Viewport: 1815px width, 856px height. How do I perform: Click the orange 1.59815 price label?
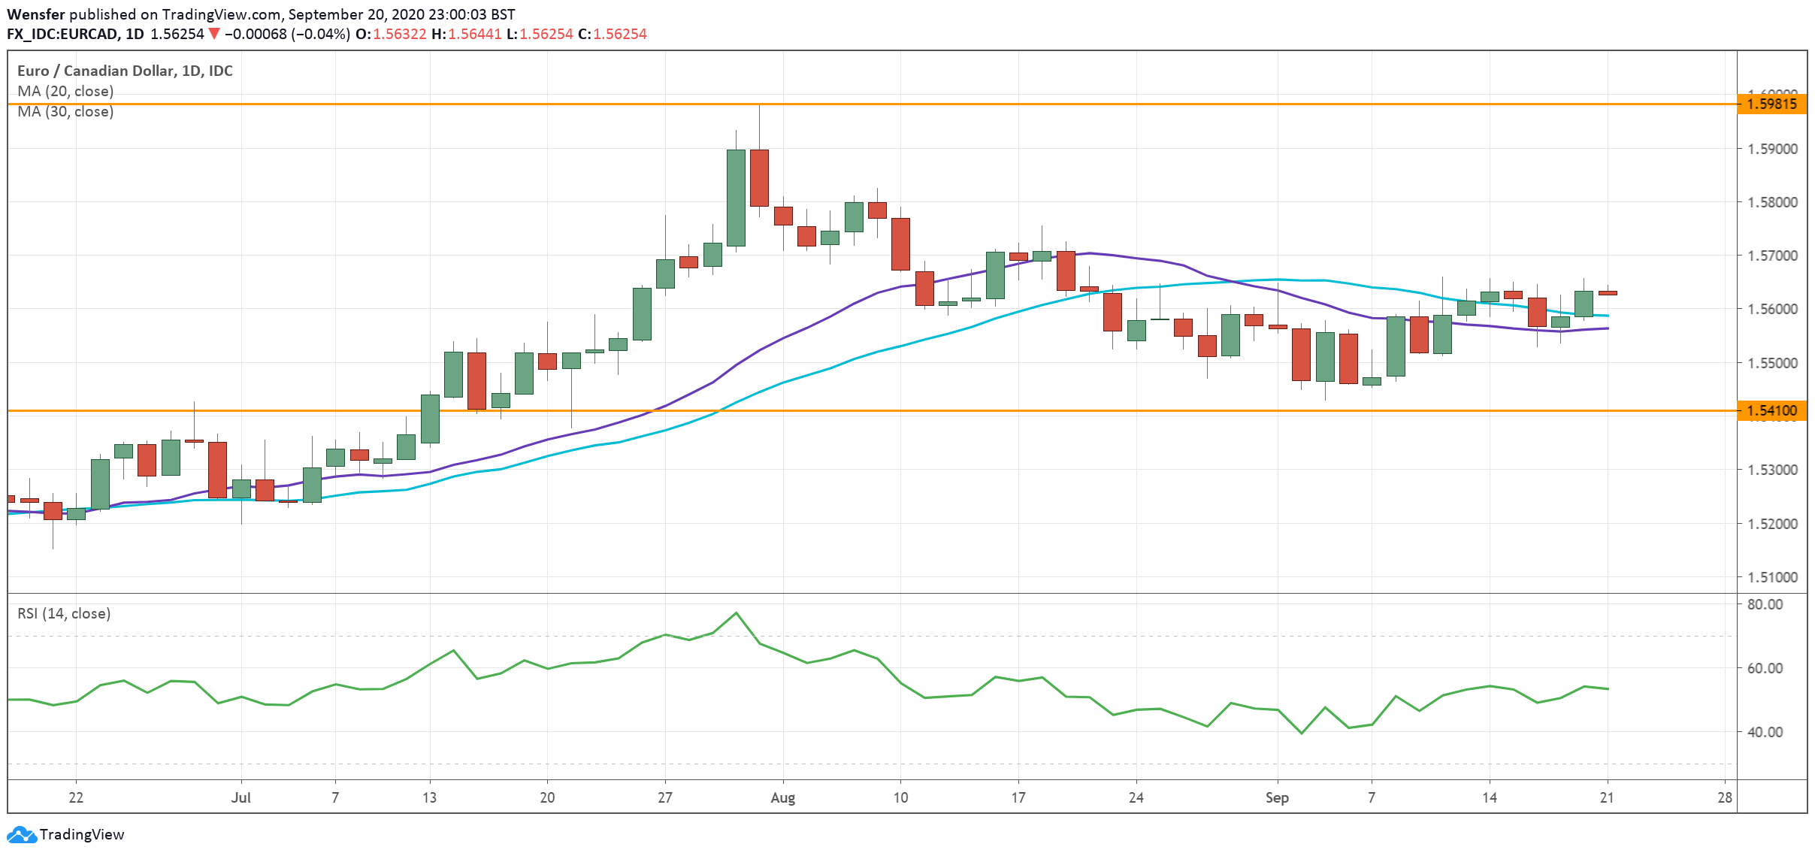1771,104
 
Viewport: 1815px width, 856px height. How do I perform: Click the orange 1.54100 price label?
1771,411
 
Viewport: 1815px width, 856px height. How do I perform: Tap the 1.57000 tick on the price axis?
1772,256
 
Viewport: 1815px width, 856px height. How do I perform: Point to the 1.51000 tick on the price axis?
1772,577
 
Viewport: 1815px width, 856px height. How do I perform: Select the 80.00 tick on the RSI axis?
1765,604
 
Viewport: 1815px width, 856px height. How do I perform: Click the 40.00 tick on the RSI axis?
1765,732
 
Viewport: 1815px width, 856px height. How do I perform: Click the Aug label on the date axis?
782,797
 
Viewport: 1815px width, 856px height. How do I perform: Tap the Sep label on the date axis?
1277,797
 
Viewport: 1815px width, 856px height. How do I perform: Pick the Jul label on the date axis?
240,797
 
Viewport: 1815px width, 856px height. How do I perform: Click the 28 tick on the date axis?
1725,797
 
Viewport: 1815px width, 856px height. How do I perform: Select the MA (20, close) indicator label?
65,91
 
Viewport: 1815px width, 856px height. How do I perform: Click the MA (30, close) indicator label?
65,111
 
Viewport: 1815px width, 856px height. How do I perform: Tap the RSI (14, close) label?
64,613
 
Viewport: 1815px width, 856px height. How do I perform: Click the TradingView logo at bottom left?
65,834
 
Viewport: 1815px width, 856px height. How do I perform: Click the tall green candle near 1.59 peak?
736,198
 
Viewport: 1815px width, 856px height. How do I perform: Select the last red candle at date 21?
1607,293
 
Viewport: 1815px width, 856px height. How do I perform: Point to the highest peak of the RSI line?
736,613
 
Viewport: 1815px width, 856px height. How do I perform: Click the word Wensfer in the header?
35,14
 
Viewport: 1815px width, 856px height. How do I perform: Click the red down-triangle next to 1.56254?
214,34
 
